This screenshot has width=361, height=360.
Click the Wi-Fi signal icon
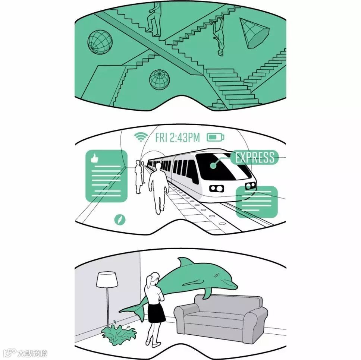click(x=141, y=137)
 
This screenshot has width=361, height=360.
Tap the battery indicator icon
click(x=215, y=137)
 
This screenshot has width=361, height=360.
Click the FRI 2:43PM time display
click(x=178, y=138)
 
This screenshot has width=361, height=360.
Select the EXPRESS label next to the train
click(x=254, y=157)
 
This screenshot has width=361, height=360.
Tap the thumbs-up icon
click(x=94, y=158)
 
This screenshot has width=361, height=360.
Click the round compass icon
click(x=120, y=220)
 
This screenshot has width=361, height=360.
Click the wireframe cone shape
click(x=254, y=34)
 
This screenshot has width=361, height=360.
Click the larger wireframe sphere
click(x=100, y=42)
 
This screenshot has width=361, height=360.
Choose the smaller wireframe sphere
click(x=159, y=80)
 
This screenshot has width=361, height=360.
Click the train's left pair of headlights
click(x=216, y=189)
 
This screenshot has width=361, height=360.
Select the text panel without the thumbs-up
click(x=257, y=202)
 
